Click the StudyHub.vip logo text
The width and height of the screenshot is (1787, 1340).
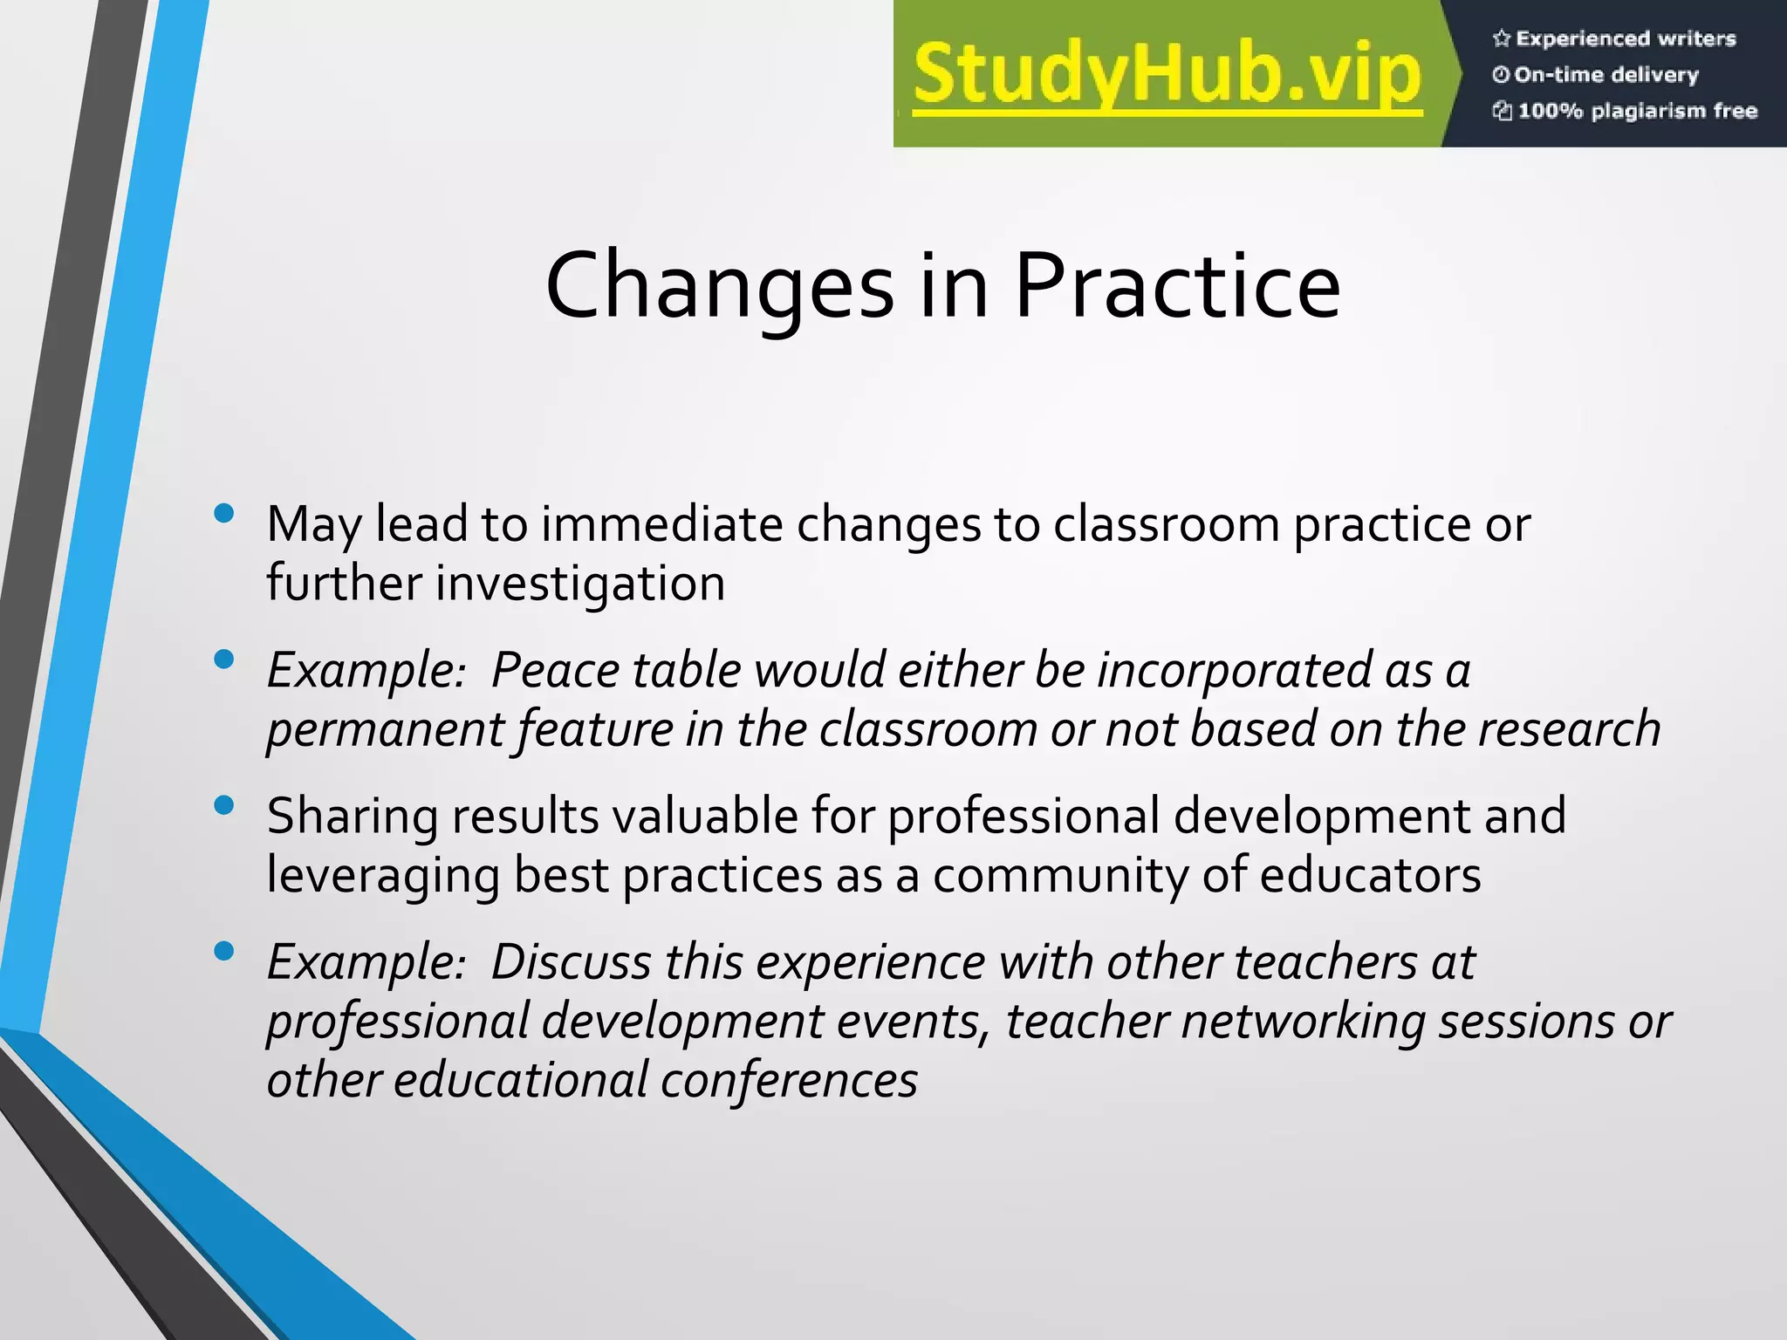click(x=1167, y=75)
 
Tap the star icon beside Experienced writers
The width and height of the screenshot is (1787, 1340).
click(x=1501, y=38)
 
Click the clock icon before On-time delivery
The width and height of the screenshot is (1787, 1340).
click(x=1501, y=75)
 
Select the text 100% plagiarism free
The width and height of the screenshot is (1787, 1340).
click(x=1637, y=111)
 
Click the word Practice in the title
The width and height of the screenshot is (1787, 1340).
click(x=1177, y=286)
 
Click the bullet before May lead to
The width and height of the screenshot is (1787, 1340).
click(x=224, y=513)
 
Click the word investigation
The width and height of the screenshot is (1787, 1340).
click(x=580, y=585)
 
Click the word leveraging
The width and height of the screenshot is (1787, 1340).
click(x=383, y=876)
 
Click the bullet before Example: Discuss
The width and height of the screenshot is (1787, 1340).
click(x=224, y=951)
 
